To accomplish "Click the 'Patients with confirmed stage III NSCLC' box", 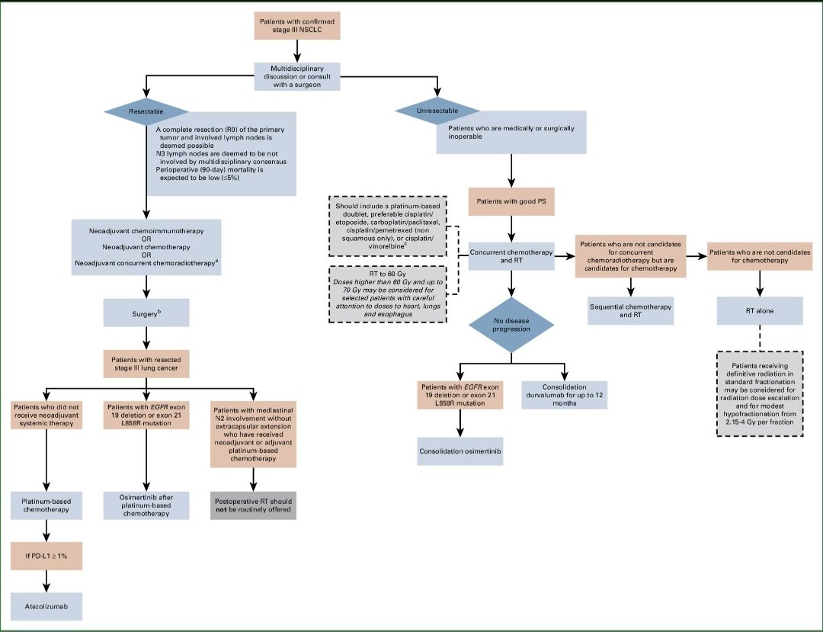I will coord(296,25).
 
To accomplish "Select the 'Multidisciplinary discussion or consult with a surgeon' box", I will coord(296,75).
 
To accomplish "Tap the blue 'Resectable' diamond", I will coord(146,111).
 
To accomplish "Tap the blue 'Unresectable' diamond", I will coord(437,111).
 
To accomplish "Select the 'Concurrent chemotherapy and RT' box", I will coord(511,257).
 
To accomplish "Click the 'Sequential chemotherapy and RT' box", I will coord(630,310).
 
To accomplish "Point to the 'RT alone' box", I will coord(759,310).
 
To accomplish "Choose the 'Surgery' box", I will coord(146,313).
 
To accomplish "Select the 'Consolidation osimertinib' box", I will coord(460,451).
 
